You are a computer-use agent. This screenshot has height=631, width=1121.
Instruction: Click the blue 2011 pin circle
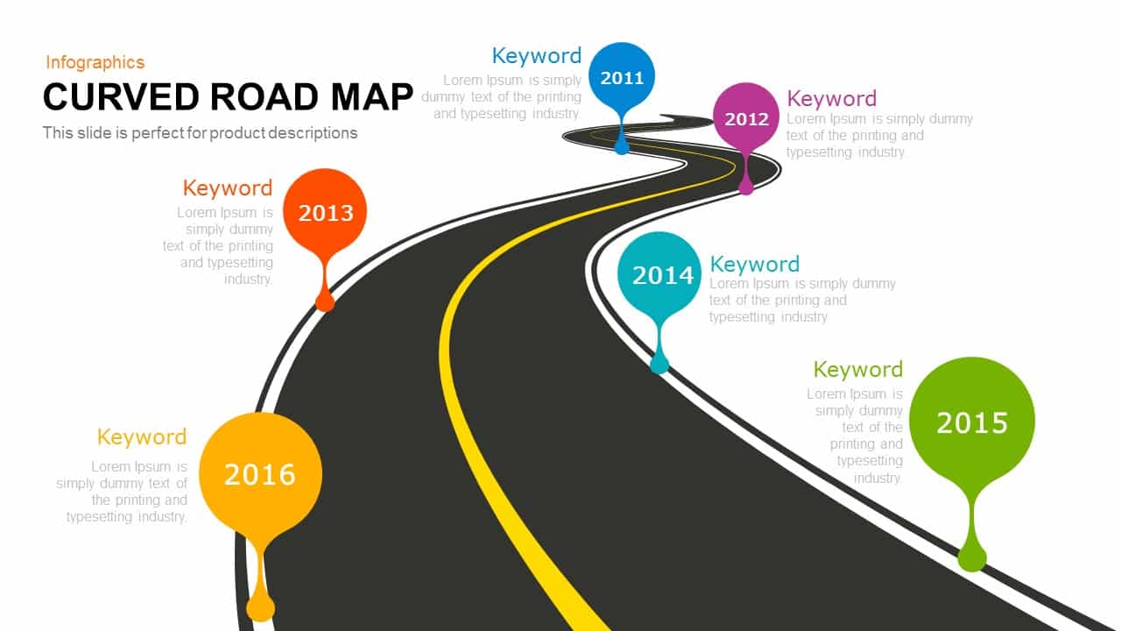point(622,77)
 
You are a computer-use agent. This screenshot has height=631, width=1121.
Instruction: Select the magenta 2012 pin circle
point(746,118)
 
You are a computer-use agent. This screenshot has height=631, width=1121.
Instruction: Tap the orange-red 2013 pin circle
point(326,211)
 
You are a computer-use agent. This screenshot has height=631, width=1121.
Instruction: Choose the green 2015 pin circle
point(972,422)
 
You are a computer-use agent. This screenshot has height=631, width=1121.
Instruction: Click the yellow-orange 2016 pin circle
point(260,473)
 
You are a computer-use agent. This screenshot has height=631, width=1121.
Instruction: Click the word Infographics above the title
point(95,62)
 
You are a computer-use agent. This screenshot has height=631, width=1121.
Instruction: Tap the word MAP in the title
point(372,97)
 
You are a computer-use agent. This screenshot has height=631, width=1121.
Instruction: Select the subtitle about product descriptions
point(200,133)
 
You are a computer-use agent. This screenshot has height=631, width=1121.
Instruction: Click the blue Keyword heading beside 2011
point(536,55)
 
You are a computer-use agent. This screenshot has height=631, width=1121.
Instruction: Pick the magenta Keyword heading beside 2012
point(831,98)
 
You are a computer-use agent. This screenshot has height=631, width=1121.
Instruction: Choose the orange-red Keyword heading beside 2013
point(228,188)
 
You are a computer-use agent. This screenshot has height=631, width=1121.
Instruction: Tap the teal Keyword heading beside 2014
point(754,264)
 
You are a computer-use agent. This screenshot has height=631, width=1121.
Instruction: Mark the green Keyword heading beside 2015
point(857,369)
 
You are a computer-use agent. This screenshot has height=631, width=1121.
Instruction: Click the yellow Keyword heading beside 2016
point(142,436)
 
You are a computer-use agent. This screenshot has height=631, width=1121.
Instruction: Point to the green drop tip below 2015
point(972,557)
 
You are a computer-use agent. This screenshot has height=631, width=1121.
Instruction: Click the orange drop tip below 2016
point(260,606)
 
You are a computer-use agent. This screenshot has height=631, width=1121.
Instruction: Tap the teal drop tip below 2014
point(659,362)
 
